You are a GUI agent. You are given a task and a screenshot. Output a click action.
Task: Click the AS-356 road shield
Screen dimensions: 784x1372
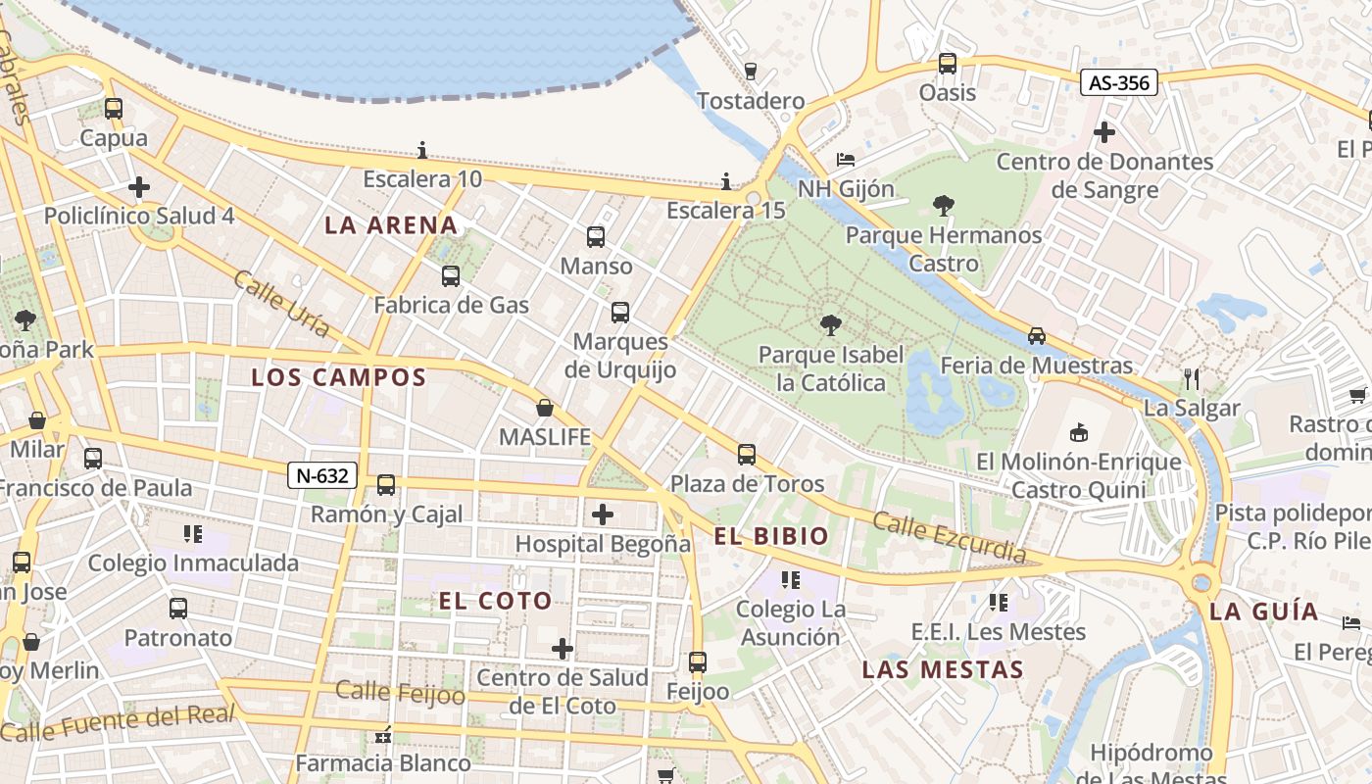[1119, 83]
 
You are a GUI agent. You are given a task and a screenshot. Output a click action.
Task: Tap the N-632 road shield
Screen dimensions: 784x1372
[321, 476]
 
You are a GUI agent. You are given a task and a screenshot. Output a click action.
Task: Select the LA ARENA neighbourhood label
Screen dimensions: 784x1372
[391, 225]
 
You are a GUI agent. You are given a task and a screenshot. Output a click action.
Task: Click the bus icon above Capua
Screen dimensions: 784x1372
[114, 109]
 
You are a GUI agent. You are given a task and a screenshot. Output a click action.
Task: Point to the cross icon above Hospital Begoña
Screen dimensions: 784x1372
[603, 514]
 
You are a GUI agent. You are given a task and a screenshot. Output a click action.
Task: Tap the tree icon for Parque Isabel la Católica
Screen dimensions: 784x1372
[830, 325]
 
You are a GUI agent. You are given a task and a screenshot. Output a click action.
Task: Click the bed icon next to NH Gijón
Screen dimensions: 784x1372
[846, 160]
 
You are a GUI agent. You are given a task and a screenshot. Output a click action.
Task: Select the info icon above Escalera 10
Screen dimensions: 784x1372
[422, 150]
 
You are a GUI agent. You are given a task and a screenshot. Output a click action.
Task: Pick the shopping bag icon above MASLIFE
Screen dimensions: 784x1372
[545, 408]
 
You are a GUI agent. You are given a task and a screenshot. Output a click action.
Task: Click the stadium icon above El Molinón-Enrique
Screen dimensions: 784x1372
[1079, 432]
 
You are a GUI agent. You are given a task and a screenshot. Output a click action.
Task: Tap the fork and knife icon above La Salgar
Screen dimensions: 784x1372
[1192, 379]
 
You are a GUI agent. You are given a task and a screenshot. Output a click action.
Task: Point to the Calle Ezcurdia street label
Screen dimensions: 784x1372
[949, 537]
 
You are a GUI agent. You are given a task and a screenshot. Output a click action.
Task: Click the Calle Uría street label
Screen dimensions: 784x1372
[280, 305]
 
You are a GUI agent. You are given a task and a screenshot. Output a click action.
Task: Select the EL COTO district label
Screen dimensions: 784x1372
[495, 602]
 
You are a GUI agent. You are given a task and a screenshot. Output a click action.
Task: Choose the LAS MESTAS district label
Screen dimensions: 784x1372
[942, 670]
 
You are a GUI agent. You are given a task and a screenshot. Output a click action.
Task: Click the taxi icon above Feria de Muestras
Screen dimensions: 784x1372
[1037, 336]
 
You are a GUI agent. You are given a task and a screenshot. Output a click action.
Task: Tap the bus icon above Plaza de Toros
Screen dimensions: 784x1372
[747, 454]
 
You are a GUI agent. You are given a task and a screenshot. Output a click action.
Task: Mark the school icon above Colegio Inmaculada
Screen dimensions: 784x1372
[193, 534]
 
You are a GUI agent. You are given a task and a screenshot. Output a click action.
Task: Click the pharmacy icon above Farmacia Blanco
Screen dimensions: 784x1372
[383, 734]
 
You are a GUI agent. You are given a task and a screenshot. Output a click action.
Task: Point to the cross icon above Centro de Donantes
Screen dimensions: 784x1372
[1104, 131]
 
